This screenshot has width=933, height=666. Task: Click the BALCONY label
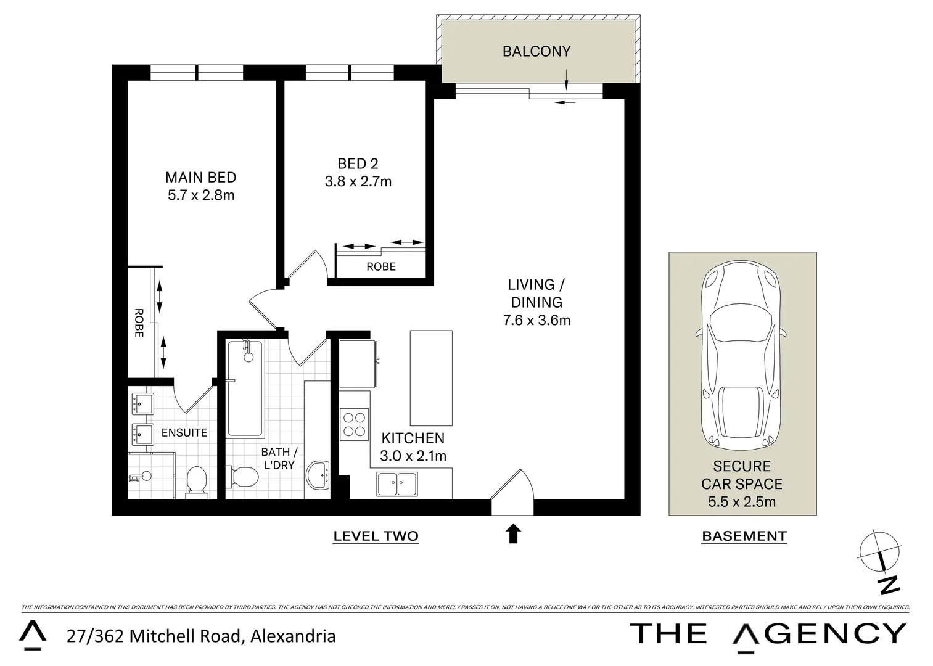tap(536, 51)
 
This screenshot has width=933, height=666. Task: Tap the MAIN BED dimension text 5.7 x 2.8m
tap(201, 195)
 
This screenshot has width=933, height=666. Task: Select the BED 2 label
tap(358, 163)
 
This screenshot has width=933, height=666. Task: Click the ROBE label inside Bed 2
tap(381, 266)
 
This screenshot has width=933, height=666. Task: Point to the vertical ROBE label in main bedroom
tap(139, 323)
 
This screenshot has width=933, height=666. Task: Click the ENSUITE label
tap(184, 432)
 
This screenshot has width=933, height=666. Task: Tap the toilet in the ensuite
tap(197, 480)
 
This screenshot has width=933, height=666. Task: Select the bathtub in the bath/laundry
tap(245, 388)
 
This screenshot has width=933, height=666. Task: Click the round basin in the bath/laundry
tap(318, 475)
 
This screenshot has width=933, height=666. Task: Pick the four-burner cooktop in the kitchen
tap(355, 424)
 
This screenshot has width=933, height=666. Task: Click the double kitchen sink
tap(397, 483)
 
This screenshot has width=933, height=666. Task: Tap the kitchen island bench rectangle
tap(431, 377)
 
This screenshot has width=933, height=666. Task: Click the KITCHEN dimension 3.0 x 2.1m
tap(413, 456)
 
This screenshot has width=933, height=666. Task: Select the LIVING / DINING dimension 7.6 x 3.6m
tap(536, 320)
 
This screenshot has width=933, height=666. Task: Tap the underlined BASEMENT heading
tap(744, 536)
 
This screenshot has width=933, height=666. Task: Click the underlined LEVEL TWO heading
tap(376, 536)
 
